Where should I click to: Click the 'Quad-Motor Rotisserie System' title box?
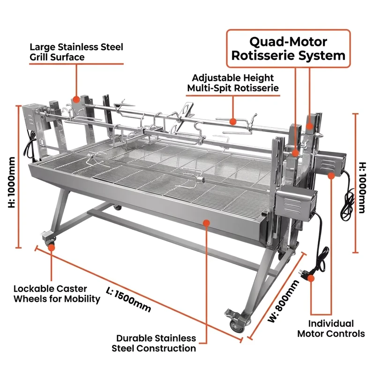(x=288, y=49)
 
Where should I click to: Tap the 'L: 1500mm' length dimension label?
(x=128, y=300)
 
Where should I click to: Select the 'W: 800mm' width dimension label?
(x=283, y=301)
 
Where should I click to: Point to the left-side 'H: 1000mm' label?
(x=11, y=182)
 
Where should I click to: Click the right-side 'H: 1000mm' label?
(x=362, y=187)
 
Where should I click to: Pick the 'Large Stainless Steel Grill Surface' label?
(x=76, y=52)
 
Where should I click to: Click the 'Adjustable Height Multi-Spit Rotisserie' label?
(x=232, y=83)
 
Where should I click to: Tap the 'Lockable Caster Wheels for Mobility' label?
(x=57, y=294)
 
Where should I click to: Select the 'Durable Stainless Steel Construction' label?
(x=154, y=343)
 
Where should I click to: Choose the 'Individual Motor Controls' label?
(x=331, y=329)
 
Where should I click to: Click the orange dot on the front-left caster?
(x=52, y=247)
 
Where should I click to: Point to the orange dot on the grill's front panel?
(x=206, y=223)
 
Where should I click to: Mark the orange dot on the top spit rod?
(x=232, y=121)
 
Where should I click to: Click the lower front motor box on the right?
(x=296, y=204)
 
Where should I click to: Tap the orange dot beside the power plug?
(x=311, y=278)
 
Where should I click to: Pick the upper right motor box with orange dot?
(x=330, y=163)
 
